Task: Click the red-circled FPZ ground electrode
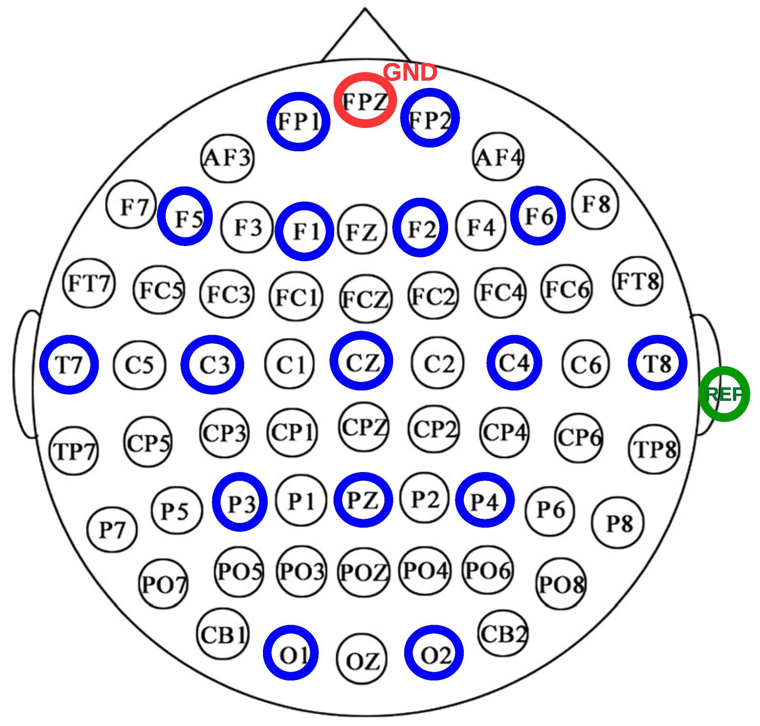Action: point(365,100)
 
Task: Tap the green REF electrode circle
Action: point(724,394)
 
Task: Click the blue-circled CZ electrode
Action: point(361,361)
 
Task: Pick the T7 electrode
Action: point(69,364)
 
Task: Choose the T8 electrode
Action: point(657,363)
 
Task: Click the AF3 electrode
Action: point(228,158)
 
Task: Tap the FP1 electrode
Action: point(298,121)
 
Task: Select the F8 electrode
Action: point(595,204)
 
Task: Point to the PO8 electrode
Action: point(561,584)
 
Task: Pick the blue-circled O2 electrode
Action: point(434,653)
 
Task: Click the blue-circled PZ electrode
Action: point(363,500)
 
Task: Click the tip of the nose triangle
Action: point(365,8)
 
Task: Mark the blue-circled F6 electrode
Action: point(538,216)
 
